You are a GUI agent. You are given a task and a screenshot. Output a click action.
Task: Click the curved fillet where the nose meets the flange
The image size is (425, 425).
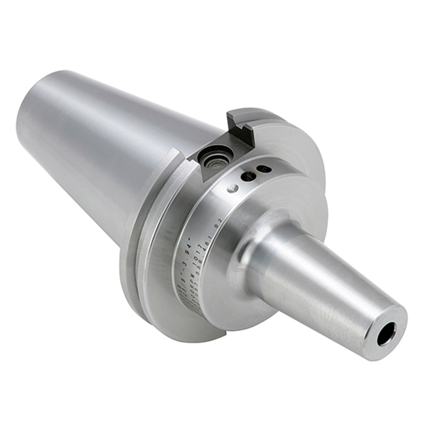(x=246, y=246)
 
